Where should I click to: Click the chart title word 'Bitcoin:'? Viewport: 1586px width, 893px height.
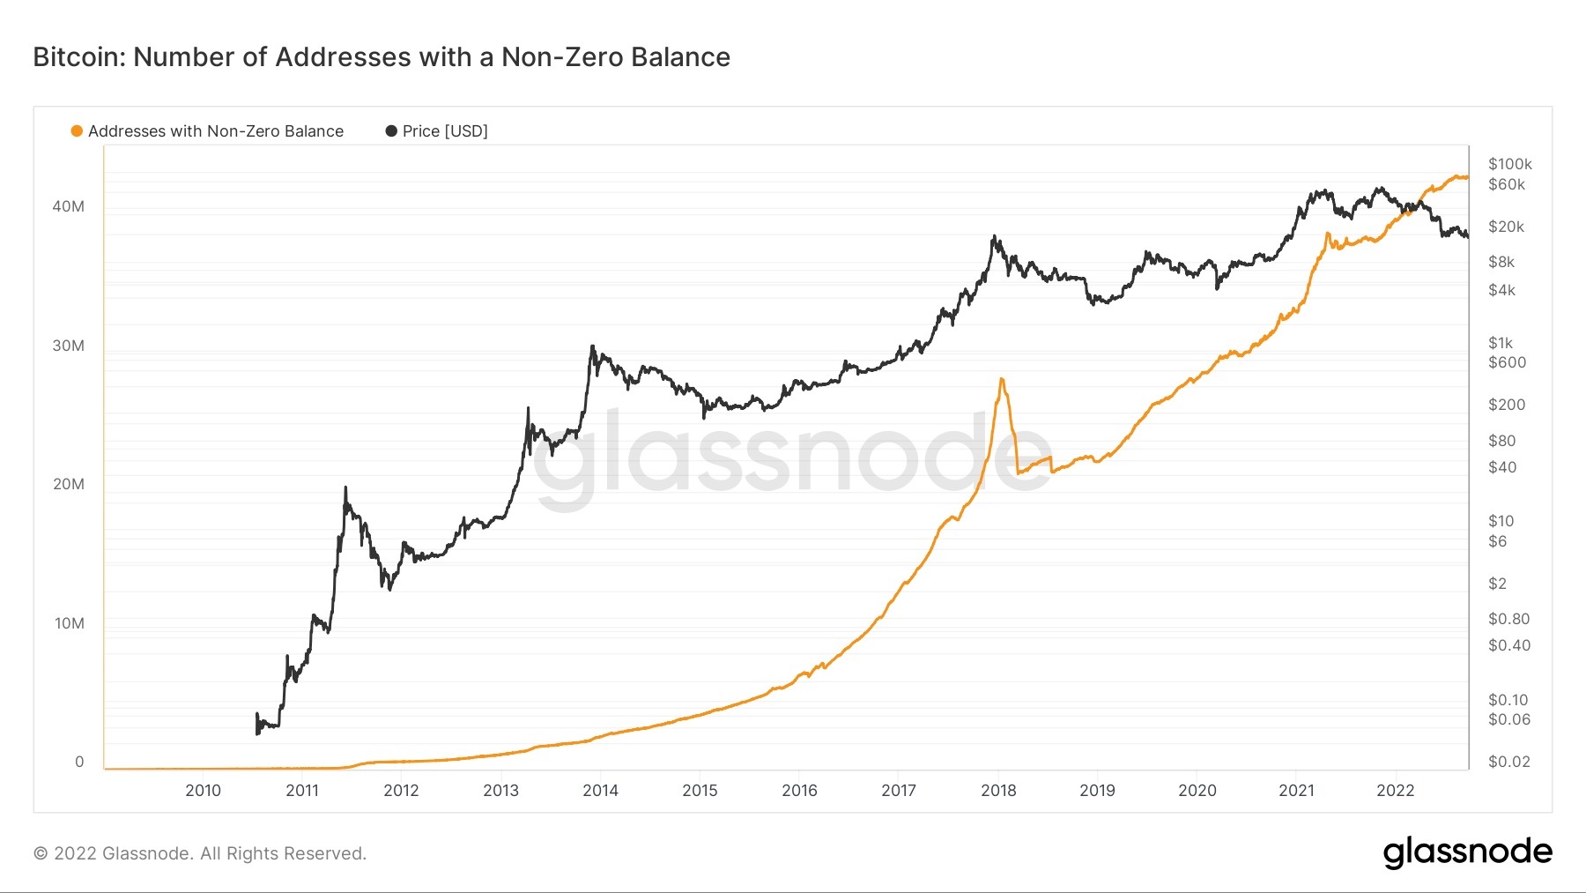click(x=79, y=57)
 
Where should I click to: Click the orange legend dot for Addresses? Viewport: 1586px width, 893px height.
click(x=77, y=131)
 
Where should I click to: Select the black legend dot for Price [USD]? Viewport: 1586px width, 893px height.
click(x=391, y=131)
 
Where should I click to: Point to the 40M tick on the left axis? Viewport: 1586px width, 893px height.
click(x=69, y=206)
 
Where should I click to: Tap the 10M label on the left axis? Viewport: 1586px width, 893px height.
click(x=70, y=623)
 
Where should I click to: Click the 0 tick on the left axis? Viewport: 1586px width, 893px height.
click(x=79, y=762)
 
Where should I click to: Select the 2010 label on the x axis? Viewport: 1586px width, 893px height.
click(x=203, y=790)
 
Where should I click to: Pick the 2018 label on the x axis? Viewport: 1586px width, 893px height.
click(x=998, y=790)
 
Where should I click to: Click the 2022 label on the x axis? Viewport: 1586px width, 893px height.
click(x=1395, y=790)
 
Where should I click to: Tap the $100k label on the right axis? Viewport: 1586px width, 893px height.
click(x=1509, y=164)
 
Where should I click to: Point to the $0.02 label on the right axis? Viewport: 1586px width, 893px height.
click(x=1508, y=762)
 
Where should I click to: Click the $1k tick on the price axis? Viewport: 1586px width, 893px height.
click(x=1500, y=343)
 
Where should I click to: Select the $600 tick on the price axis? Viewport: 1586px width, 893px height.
click(x=1507, y=362)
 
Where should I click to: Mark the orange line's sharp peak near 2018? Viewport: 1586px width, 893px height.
click(x=1002, y=379)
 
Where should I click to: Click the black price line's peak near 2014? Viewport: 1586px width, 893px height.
click(x=592, y=346)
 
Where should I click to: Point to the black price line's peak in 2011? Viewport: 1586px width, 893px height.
click(x=345, y=487)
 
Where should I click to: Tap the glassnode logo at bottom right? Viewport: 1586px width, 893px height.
click(x=1467, y=852)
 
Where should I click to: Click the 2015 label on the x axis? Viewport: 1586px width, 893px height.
click(x=700, y=790)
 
